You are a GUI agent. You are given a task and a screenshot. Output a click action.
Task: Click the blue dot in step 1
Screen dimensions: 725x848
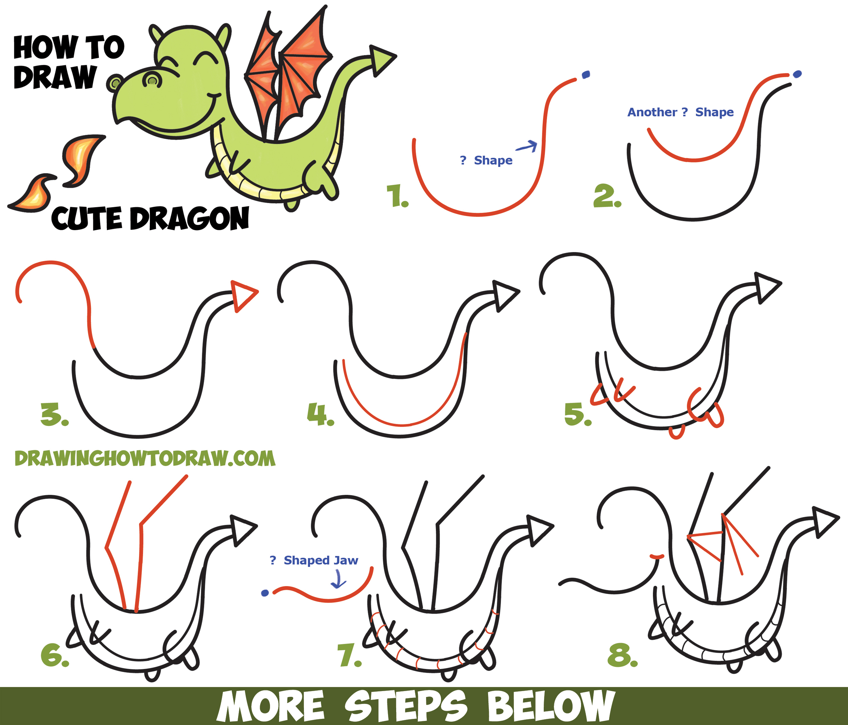[x=586, y=75]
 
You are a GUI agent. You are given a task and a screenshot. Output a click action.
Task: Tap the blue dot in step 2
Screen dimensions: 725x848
[x=797, y=74]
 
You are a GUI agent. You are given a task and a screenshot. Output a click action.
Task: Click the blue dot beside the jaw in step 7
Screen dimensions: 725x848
[x=265, y=593]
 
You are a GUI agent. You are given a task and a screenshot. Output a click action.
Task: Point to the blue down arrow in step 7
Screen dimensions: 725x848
[x=339, y=580]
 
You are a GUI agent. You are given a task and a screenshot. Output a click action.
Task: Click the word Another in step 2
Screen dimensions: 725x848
[x=652, y=112]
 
